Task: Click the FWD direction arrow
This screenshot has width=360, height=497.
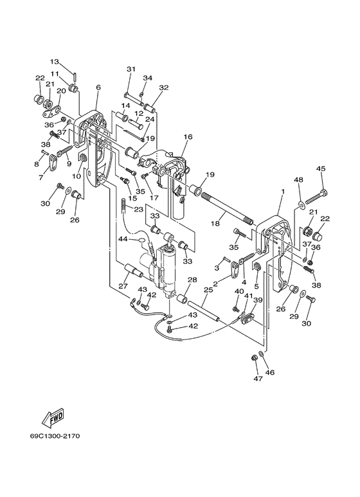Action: [53, 417]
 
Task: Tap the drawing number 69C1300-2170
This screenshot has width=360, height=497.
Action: [55, 436]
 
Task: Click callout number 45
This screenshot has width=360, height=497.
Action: [321, 168]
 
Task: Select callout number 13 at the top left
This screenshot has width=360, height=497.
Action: [55, 61]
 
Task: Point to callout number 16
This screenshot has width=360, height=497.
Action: [188, 137]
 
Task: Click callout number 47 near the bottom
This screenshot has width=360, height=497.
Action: [258, 379]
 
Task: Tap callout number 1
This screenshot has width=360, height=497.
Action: [283, 192]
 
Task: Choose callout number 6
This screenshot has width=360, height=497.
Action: [98, 87]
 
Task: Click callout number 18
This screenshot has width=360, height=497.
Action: [215, 224]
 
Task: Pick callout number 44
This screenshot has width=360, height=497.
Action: [123, 239]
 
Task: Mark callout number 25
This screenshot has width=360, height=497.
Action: [208, 289]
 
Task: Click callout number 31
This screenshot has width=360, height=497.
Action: [131, 69]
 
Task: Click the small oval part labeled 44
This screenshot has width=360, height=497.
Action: [142, 240]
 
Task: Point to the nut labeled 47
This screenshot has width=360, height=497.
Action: [253, 357]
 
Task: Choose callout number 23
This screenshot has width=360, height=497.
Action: [138, 210]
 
